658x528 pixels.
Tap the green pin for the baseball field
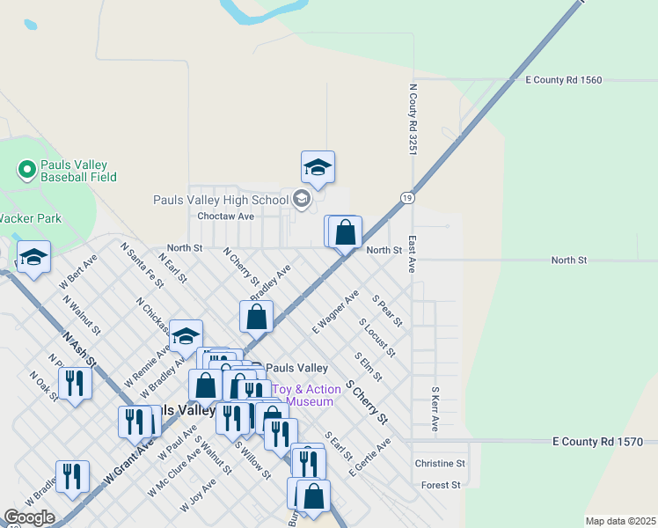(26, 167)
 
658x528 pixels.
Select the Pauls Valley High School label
(221, 200)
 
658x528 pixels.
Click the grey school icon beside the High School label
(302, 200)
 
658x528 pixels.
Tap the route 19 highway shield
(406, 199)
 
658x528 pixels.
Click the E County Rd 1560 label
(563, 80)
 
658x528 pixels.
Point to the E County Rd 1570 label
(598, 441)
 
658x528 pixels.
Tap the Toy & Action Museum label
(303, 395)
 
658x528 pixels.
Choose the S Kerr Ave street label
(435, 407)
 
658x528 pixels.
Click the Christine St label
(440, 463)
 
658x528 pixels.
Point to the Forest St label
(441, 485)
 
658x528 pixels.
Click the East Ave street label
(412, 253)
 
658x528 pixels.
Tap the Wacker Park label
(31, 218)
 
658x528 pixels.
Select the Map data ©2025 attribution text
(619, 521)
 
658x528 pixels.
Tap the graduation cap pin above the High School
(318, 167)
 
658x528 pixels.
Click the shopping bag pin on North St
(346, 232)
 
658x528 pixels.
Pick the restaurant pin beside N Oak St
(75, 383)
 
